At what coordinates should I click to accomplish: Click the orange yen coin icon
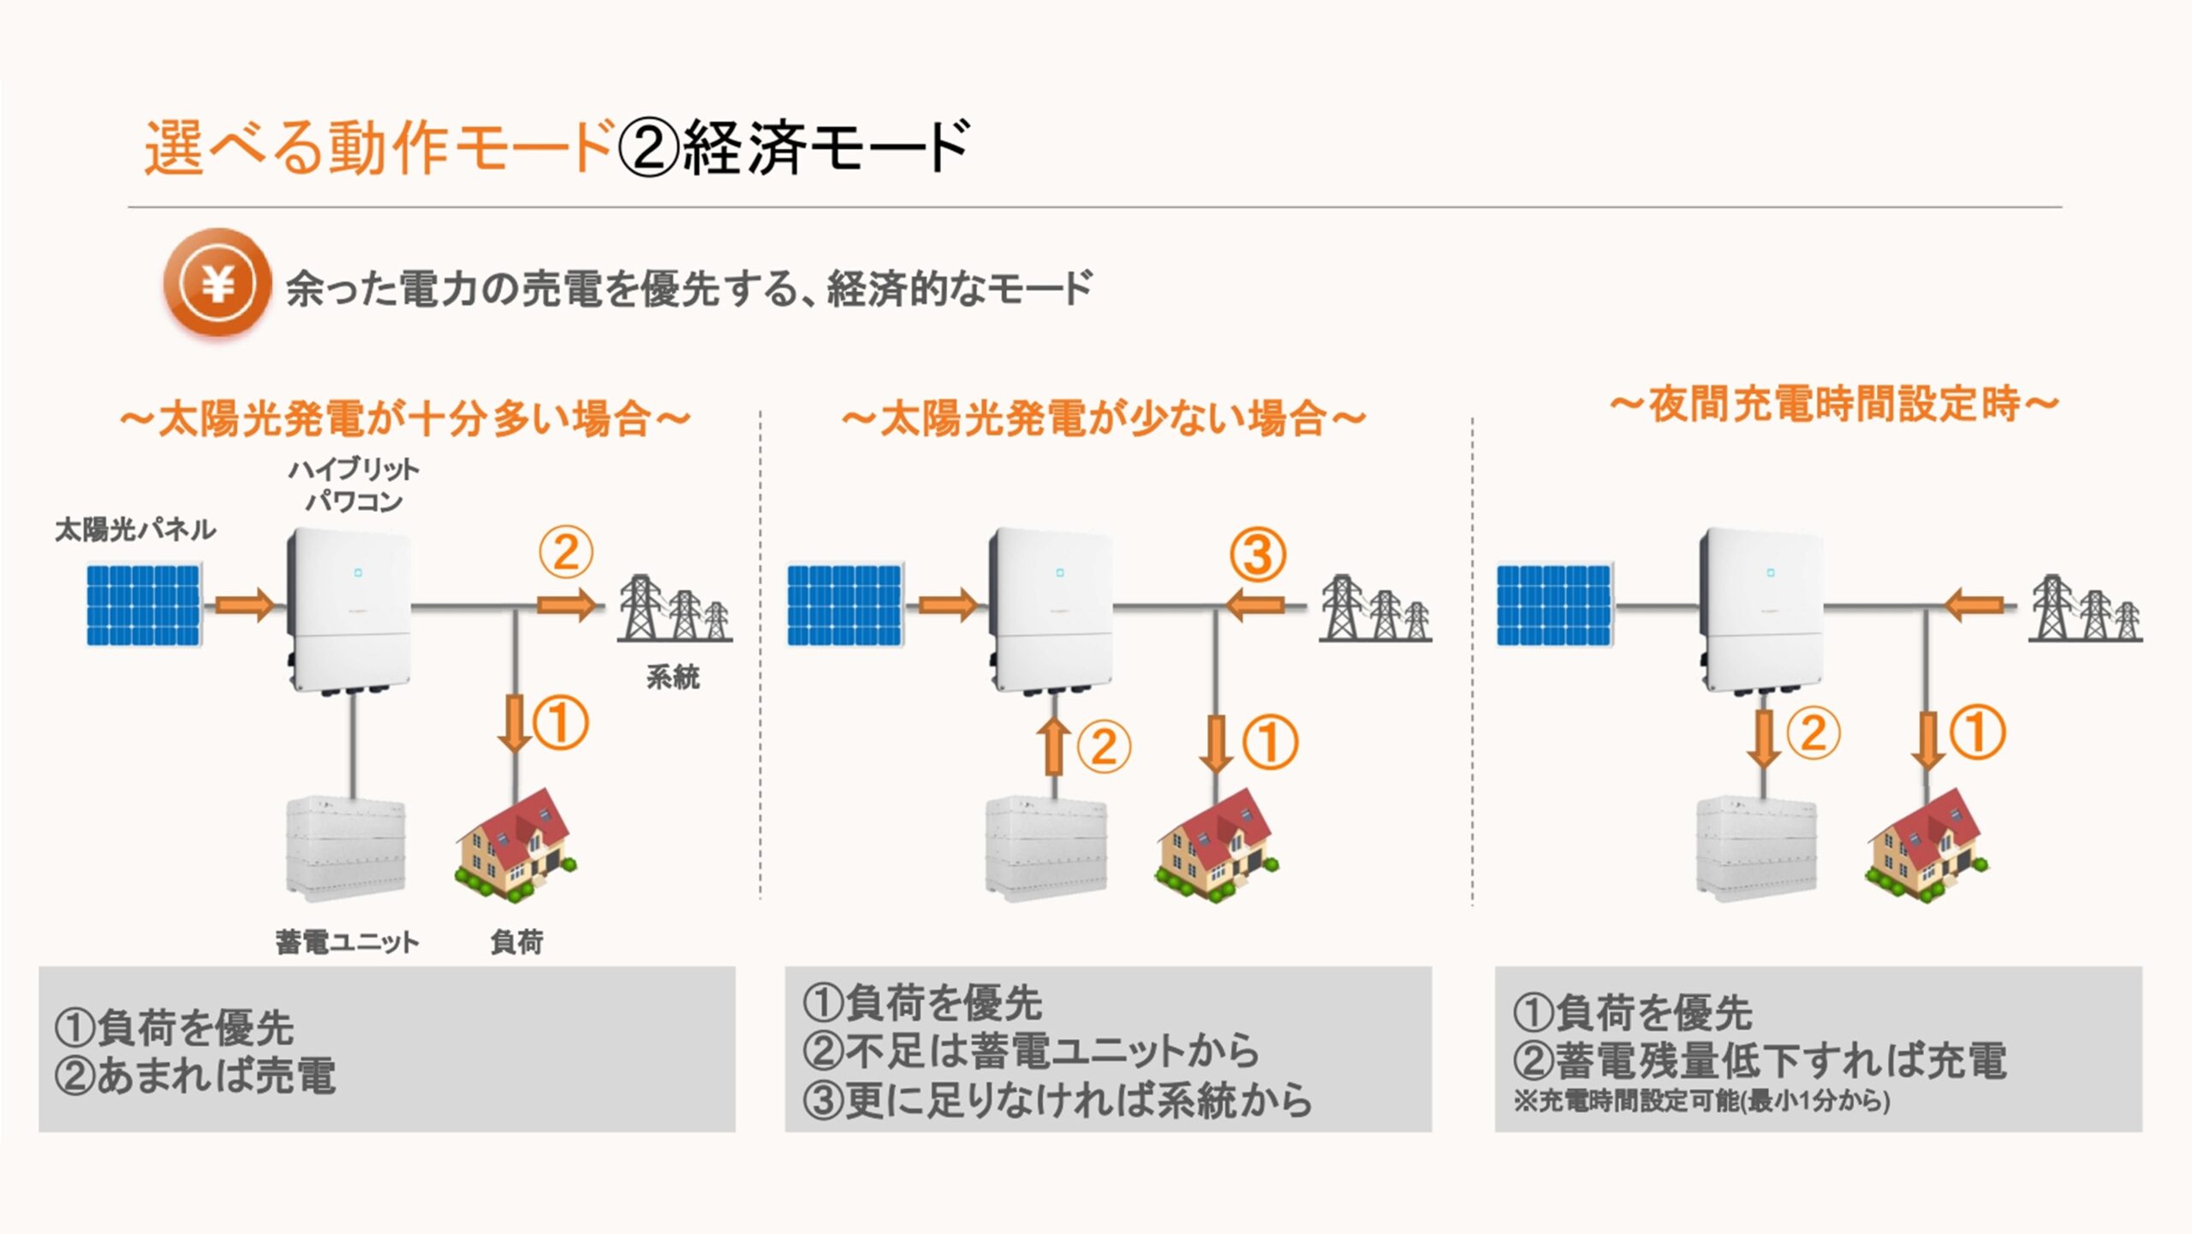[x=217, y=283]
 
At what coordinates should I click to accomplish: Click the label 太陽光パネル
[x=135, y=530]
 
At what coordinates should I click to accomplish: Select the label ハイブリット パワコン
[x=354, y=485]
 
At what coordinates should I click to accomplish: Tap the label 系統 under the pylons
[x=673, y=678]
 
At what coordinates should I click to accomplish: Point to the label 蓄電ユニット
[x=347, y=942]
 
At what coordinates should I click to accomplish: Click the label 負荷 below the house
[x=516, y=942]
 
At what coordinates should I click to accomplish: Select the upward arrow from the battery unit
[x=1054, y=746]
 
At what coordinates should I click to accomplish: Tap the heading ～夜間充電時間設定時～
[x=1834, y=405]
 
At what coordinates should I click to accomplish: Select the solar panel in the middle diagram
[x=845, y=605]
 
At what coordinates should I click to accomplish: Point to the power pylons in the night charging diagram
[x=2086, y=610]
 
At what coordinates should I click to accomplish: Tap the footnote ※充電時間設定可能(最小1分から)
[x=1701, y=1101]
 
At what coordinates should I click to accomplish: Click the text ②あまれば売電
[x=195, y=1076]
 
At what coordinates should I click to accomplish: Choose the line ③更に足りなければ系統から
[x=1057, y=1101]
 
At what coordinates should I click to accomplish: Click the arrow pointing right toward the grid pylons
[x=566, y=605]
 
